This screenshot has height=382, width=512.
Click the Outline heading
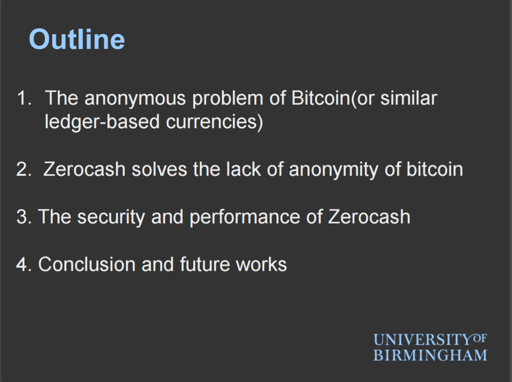[77, 39]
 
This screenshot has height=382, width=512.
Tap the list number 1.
[24, 98]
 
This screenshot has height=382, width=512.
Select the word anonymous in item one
[135, 99]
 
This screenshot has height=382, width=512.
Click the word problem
[228, 99]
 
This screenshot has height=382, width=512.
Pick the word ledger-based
[102, 122]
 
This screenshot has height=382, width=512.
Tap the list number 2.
[24, 169]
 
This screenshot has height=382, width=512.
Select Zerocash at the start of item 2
[84, 169]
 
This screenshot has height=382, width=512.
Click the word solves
[159, 169]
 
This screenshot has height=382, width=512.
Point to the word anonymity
[333, 170]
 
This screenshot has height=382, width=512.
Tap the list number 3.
[24, 217]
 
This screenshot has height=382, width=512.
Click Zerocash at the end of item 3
[369, 217]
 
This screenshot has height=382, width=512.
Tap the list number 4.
[24, 264]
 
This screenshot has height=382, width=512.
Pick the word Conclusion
[87, 264]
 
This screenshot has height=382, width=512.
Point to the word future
[205, 264]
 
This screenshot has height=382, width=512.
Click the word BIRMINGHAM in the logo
[430, 356]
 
